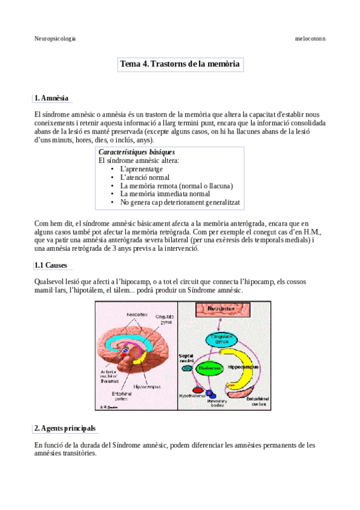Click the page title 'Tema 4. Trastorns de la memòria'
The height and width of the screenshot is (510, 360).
180,64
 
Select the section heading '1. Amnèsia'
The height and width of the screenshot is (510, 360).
52,97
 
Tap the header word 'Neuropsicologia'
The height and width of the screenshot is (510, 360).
55,38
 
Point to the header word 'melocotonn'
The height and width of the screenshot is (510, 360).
311,38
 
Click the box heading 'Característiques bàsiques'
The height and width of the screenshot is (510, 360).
136,153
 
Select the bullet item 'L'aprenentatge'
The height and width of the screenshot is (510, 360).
141,169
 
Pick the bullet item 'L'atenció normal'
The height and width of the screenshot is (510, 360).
144,177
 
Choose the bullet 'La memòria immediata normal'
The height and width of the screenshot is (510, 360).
165,194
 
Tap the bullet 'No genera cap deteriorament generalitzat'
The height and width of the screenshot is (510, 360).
180,203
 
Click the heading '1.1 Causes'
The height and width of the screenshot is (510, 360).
50,265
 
